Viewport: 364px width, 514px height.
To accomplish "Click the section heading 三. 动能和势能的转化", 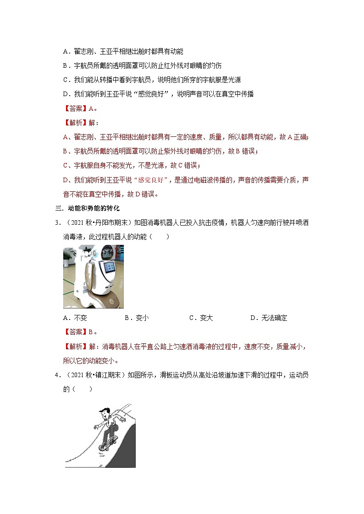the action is [x=87, y=208].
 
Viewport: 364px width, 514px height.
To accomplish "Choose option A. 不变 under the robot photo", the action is [x=75, y=318].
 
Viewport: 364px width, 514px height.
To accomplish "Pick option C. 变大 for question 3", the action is [x=201, y=318].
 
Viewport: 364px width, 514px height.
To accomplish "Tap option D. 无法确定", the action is [x=269, y=318].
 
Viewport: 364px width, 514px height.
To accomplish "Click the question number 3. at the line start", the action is [x=58, y=222].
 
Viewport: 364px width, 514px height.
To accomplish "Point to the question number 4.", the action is [x=58, y=375].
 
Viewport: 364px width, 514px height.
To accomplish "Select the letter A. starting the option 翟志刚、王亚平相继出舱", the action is [x=66, y=51].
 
